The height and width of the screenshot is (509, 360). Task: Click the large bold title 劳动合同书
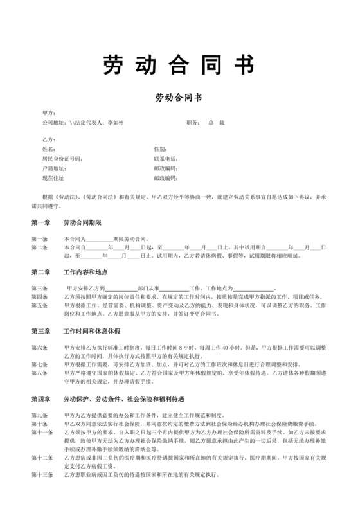[x=179, y=65]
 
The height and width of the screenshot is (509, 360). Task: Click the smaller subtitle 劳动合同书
[x=179, y=98]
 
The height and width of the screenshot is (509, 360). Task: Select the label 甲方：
[x=49, y=112]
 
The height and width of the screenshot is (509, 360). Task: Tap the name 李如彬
[x=116, y=122]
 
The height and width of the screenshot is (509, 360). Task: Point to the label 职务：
[x=193, y=122]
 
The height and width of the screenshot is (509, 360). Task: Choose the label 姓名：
[x=49, y=149]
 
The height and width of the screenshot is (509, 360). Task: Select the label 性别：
[x=161, y=149]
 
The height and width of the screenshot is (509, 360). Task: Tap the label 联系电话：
[x=165, y=159]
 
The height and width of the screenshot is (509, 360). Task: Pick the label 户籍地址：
[x=53, y=168]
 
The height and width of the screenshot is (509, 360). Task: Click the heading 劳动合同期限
[x=84, y=222]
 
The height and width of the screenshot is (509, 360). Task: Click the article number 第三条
[x=39, y=289]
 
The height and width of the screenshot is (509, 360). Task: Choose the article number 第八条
[x=39, y=373]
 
